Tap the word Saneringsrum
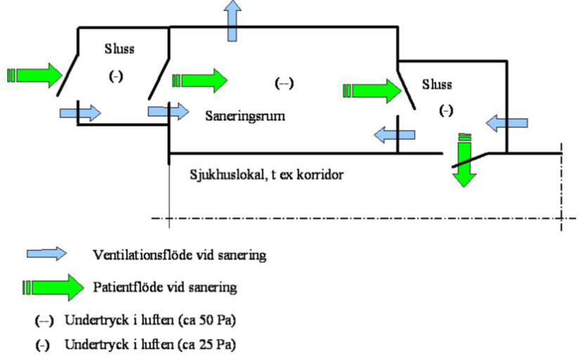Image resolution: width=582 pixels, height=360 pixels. click(245, 114)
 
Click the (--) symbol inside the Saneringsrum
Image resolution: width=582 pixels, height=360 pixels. click(283, 82)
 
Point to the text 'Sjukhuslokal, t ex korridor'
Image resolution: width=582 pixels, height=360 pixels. click(266, 172)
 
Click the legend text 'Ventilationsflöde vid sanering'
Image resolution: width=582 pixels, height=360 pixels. click(179, 255)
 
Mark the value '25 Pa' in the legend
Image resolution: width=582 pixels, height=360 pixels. click(219, 345)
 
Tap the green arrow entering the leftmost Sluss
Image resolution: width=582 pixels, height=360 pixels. click(34, 74)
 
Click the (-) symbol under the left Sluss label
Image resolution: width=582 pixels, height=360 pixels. click(116, 77)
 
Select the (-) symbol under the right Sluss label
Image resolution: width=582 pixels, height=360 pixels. click(445, 111)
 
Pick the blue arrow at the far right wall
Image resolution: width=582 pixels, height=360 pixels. click(508, 123)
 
